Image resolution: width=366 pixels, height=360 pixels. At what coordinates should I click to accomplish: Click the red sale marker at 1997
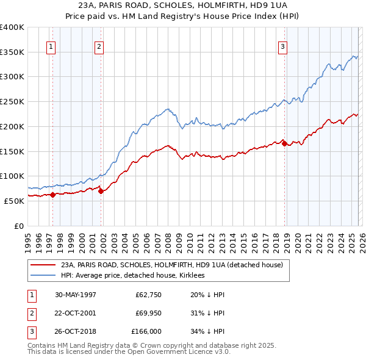pos(53,195)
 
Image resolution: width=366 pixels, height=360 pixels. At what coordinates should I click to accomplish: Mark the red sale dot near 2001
pos(101,191)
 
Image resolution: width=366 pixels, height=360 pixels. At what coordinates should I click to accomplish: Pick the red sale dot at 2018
pos(285,143)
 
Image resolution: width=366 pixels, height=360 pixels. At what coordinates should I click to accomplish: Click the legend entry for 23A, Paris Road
pos(172,265)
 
